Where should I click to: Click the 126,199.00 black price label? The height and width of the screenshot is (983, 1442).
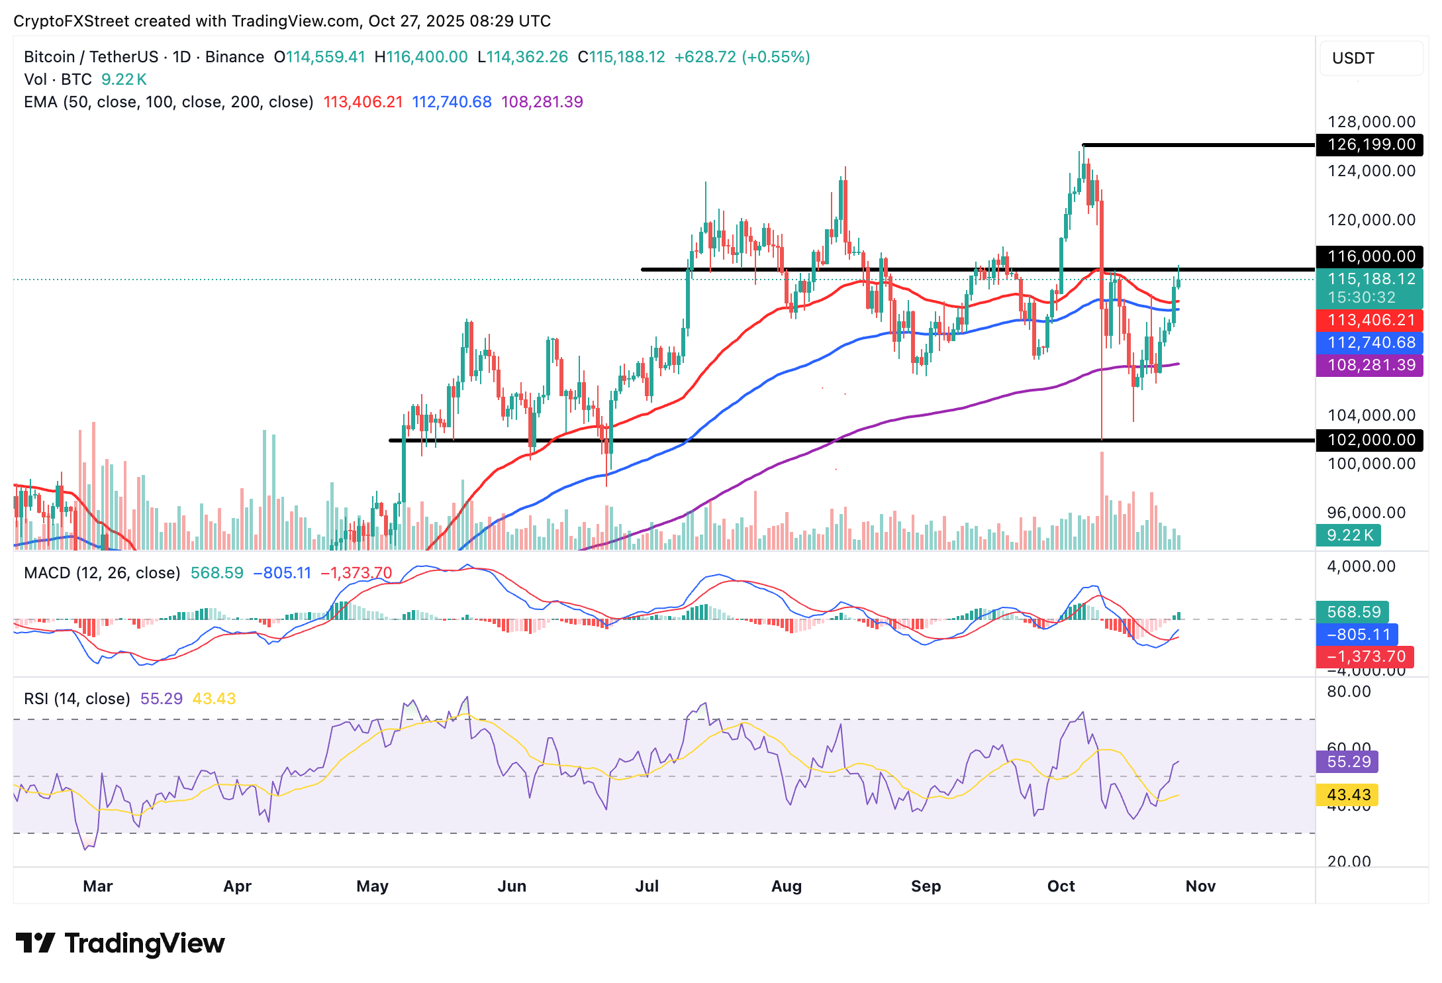coord(1370,144)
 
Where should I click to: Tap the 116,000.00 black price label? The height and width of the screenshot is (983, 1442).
coord(1370,256)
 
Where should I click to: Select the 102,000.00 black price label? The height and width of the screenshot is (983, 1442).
coord(1370,440)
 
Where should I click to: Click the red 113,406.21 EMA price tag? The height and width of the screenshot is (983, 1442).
coord(1370,320)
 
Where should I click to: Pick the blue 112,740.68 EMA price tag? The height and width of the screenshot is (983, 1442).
coord(1370,342)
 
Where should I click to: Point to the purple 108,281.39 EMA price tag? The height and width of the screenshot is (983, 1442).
coord(1370,365)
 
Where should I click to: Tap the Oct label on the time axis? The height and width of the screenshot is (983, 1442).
coord(1061,886)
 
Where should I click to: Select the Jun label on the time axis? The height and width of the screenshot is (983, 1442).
coord(512,886)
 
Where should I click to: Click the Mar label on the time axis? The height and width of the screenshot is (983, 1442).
coord(98,886)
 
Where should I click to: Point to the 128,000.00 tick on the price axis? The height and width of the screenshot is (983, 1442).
coord(1371,122)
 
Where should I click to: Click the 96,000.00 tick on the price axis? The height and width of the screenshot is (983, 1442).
coord(1366,513)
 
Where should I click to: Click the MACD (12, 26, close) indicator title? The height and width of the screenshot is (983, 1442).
coord(102,573)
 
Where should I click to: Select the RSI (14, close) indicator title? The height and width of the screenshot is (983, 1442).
coord(77,699)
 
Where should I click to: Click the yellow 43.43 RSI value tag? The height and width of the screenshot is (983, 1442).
coord(1347,795)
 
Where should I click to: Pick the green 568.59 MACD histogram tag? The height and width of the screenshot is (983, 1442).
coord(1353,612)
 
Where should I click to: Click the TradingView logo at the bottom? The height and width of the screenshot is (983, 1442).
coord(120,943)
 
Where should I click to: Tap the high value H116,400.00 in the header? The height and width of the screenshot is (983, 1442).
coord(421,57)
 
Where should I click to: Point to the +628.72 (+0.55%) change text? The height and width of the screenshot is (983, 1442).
coord(742,57)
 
